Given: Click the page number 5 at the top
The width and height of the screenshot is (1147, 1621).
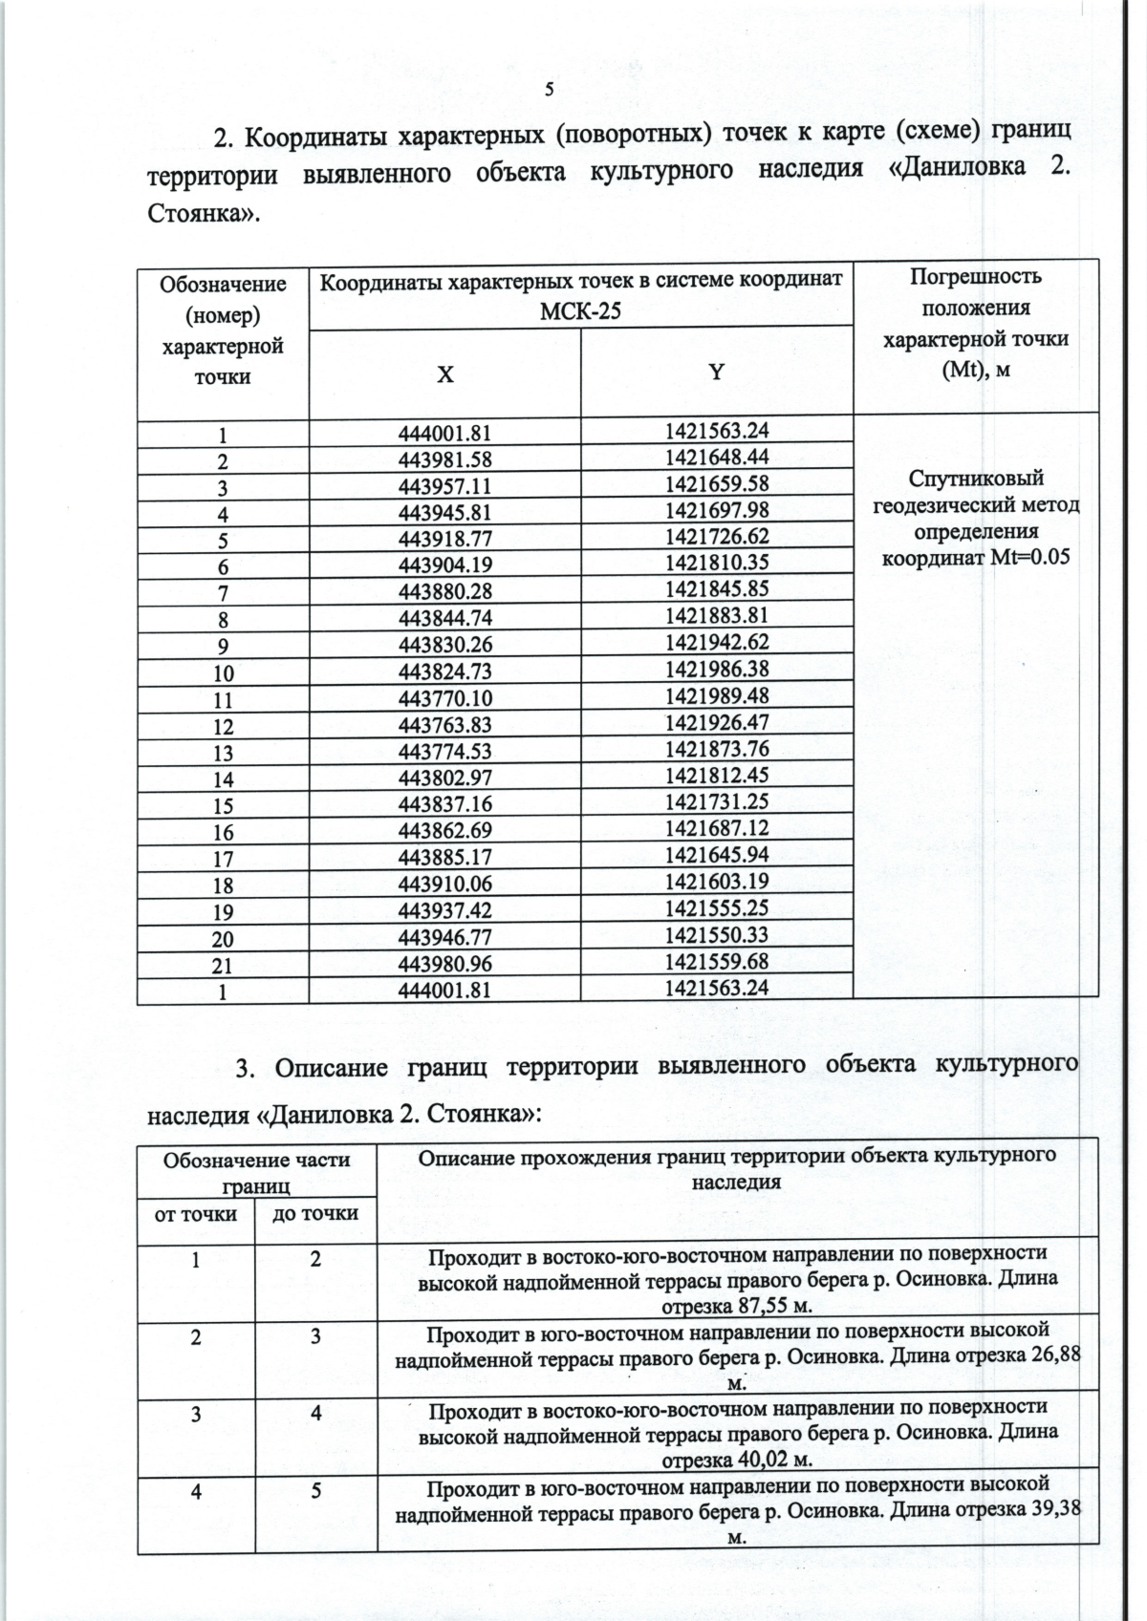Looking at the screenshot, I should [549, 91].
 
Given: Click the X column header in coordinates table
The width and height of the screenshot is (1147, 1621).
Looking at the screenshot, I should [445, 374].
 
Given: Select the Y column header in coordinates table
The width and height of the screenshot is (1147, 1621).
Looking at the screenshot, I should [716, 373].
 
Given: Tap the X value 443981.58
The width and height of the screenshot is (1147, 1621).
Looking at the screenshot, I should [444, 459].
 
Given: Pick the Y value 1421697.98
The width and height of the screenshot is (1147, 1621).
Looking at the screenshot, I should [716, 509].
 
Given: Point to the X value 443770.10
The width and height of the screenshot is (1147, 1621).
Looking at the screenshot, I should [444, 697].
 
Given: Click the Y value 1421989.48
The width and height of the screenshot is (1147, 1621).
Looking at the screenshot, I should [716, 694].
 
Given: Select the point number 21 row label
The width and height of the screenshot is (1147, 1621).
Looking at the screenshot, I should [222, 965].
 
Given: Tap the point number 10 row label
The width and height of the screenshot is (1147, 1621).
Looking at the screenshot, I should [222, 672].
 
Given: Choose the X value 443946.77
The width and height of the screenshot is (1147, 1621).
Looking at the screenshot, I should [444, 937].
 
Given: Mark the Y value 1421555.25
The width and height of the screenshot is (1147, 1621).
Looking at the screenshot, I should [716, 907].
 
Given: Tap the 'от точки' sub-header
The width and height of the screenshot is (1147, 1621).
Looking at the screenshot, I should [195, 1213].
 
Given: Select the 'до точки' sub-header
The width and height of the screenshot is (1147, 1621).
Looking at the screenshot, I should [315, 1213].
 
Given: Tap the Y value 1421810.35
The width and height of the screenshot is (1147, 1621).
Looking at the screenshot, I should [716, 562].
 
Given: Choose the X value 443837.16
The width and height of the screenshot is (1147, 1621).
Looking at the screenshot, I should [444, 803].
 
